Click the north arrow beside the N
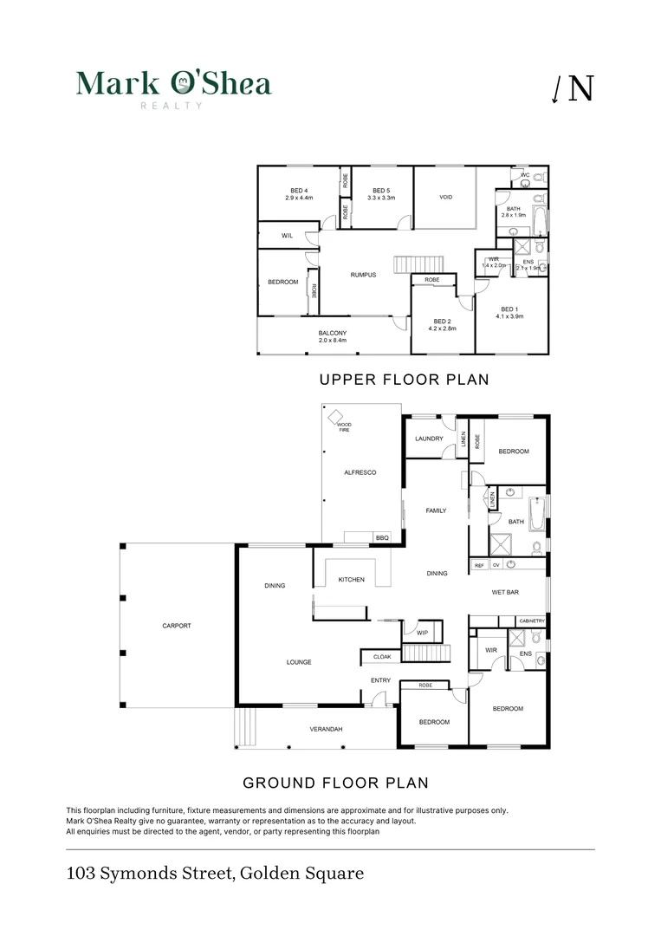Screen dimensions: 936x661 (556, 89)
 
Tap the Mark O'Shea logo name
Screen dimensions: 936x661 (173, 84)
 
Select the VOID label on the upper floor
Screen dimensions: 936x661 (446, 198)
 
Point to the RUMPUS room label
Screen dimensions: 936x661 (363, 275)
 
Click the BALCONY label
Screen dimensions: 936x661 (333, 333)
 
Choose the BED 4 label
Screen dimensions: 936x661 (297, 191)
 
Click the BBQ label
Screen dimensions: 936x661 (382, 539)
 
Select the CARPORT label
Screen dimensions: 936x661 (176, 626)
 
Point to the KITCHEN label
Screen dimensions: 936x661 (351, 580)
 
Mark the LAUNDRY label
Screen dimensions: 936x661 (429, 439)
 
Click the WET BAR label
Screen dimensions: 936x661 (506, 593)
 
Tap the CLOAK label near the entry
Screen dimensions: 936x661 (382, 657)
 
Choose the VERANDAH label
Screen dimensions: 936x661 (326, 730)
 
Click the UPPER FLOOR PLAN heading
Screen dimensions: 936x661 (404, 380)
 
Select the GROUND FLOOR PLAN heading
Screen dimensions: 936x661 (335, 783)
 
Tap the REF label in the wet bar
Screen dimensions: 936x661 (479, 565)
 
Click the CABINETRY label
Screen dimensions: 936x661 (531, 621)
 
